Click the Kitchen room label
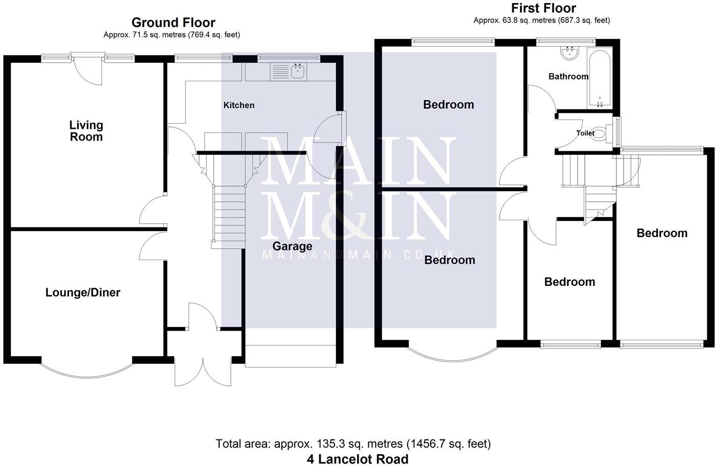(239, 105)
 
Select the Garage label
(292, 246)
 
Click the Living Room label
(86, 131)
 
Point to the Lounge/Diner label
(83, 292)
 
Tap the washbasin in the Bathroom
(569, 53)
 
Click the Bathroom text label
(568, 77)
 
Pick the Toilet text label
(585, 133)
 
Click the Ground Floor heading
(173, 22)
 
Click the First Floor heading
(543, 8)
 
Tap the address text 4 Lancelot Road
(357, 459)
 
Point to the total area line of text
(353, 444)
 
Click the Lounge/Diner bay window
(87, 371)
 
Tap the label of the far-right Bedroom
(662, 233)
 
